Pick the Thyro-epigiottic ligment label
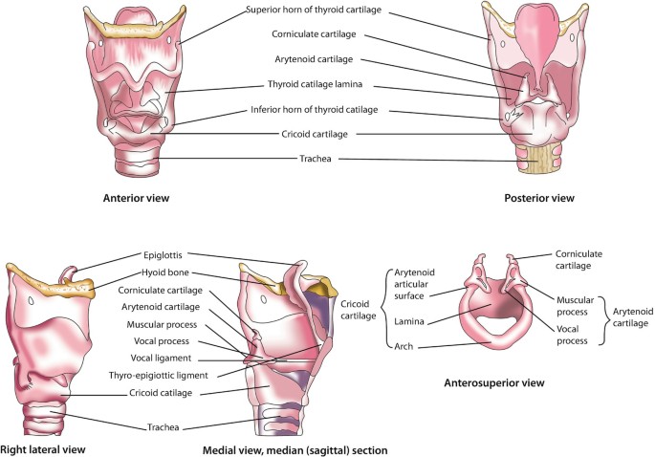tap(158, 375)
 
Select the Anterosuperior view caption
tap(493, 383)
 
